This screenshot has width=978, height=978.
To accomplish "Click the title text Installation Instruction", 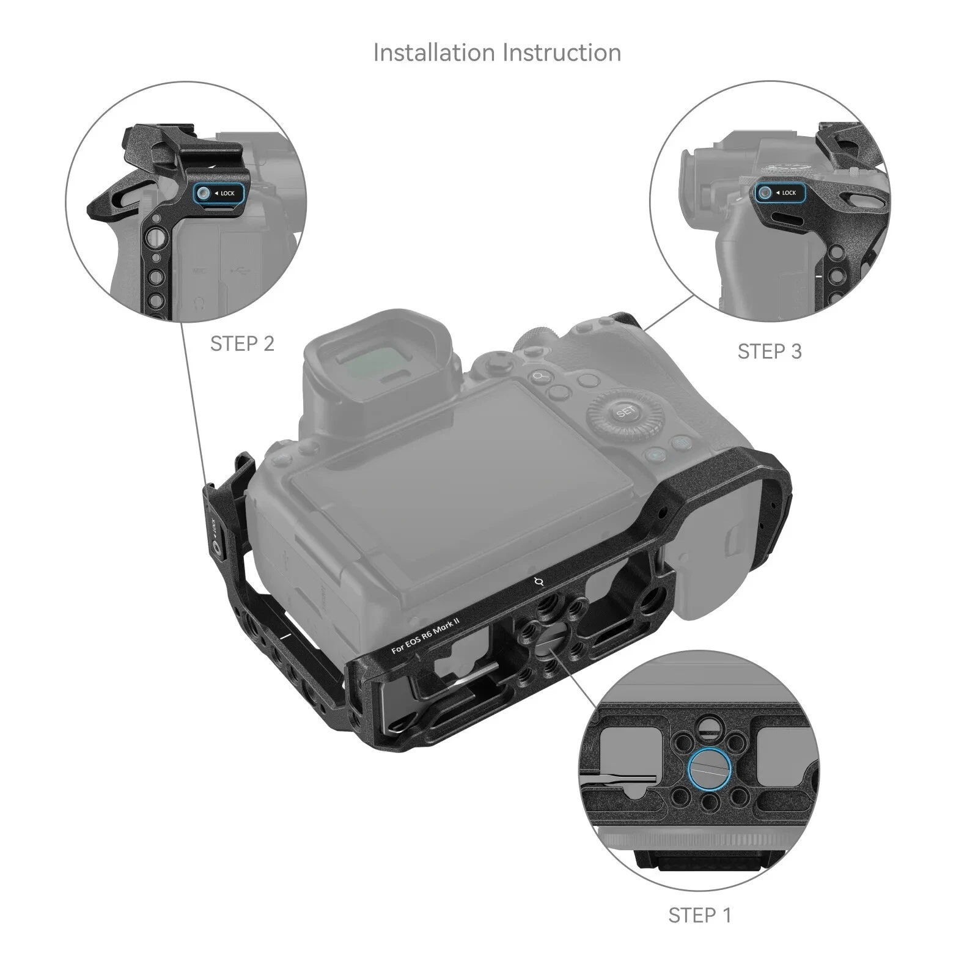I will point(497,53).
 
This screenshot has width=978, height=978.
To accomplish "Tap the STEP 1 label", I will point(699,915).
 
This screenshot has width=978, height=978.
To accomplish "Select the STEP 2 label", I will point(242,344).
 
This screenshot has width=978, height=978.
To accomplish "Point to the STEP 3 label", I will point(769,351).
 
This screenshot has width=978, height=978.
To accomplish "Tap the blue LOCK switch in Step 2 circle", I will point(219,193).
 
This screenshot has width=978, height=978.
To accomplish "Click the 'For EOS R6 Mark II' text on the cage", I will point(425,636).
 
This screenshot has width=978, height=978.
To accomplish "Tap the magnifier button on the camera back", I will point(539,377).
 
